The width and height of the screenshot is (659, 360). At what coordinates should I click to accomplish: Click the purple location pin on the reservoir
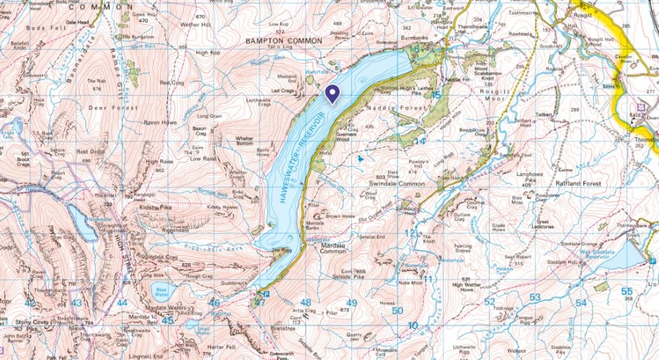tap(332, 94)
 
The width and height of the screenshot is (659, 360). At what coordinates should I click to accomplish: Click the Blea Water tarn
tap(160, 289)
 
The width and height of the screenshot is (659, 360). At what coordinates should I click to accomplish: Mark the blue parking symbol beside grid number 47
tap(266, 293)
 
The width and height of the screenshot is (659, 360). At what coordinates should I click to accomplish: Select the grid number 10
tap(413, 326)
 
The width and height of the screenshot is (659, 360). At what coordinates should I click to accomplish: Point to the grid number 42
tap(30, 303)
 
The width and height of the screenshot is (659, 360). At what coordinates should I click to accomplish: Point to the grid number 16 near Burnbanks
tap(415, 50)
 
